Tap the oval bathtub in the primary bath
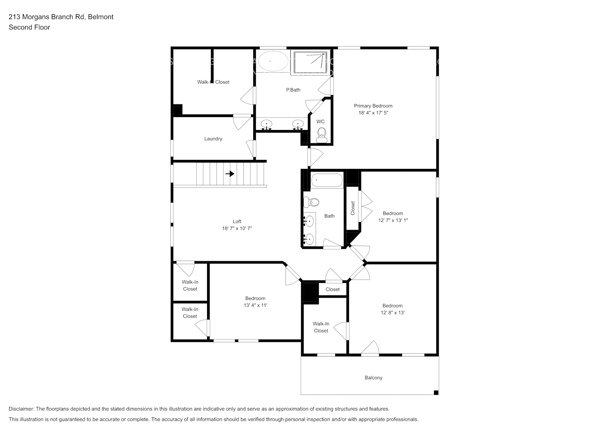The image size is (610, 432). [x=270, y=61]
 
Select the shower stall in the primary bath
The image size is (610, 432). [x=310, y=62]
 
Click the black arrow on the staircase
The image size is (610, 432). [x=230, y=174]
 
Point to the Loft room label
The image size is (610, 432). [x=237, y=222]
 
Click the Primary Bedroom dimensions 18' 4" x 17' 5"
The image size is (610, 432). [x=373, y=113]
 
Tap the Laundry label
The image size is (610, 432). [x=213, y=139]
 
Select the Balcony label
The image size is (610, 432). [x=373, y=378]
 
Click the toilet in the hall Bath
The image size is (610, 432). [x=311, y=202]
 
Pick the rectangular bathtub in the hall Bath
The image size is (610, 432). [x=327, y=180]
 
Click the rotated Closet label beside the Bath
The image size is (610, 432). [x=352, y=208]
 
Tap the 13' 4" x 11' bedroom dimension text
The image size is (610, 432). [x=255, y=305]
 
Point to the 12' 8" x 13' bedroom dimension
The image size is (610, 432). [x=393, y=313]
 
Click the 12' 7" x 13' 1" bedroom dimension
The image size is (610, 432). [x=393, y=220]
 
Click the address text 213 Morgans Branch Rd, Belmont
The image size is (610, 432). [x=61, y=17]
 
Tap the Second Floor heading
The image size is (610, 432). [x=29, y=27]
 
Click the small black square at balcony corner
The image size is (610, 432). [x=436, y=392]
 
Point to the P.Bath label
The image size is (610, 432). [x=293, y=90]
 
